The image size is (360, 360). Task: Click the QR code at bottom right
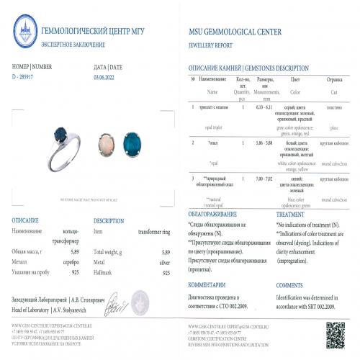click(333, 326)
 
